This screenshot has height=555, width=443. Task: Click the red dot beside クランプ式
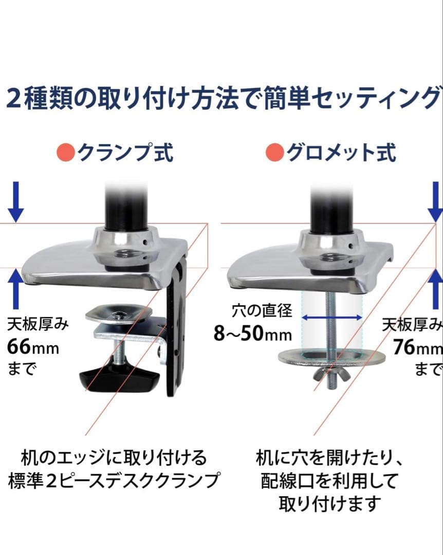click(x=65, y=153)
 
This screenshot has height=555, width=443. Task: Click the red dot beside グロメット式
click(x=275, y=153)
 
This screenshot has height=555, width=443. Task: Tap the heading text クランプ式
click(x=125, y=153)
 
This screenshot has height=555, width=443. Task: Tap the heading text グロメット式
click(x=341, y=153)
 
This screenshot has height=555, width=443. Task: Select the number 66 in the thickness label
click(x=19, y=346)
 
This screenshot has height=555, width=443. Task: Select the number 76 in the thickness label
click(x=404, y=346)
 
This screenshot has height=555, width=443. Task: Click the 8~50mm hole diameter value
click(x=252, y=334)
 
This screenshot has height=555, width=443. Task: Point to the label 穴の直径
click(x=263, y=310)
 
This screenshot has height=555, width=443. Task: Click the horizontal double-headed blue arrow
click(x=332, y=318)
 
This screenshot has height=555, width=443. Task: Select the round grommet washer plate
click(x=332, y=358)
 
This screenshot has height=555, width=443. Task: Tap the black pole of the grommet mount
click(x=332, y=209)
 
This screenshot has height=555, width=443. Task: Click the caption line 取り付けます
click(x=330, y=504)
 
